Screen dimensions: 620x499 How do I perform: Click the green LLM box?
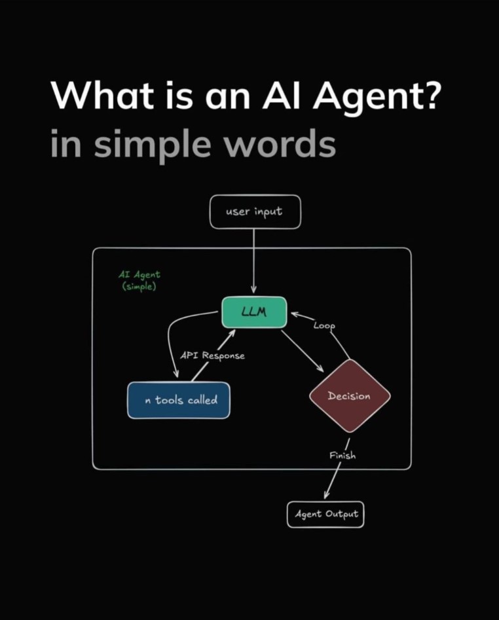coord(253,312)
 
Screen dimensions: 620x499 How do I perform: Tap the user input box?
coord(255,212)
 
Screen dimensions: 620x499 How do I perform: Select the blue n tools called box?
coord(179,399)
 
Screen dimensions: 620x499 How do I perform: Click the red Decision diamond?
coord(349,395)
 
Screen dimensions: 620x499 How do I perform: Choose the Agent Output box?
coord(325,514)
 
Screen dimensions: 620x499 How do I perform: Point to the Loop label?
coord(325,325)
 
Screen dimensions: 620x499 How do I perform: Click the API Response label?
coord(212,356)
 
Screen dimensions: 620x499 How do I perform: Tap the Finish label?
coord(342,455)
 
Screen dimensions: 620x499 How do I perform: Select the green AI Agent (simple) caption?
coord(139,280)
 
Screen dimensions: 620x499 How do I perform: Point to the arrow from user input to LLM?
coord(254,262)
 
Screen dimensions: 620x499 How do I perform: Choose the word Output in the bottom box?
coord(342,514)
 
